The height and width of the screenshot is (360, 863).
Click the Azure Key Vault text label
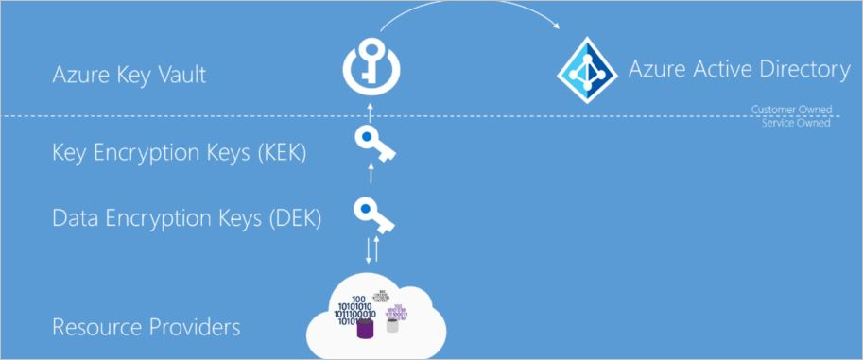[129, 75]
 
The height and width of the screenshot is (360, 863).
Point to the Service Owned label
[796, 123]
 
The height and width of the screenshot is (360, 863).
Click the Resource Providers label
[146, 328]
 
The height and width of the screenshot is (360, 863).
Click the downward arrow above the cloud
[367, 249]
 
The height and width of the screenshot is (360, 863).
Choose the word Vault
[181, 75]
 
